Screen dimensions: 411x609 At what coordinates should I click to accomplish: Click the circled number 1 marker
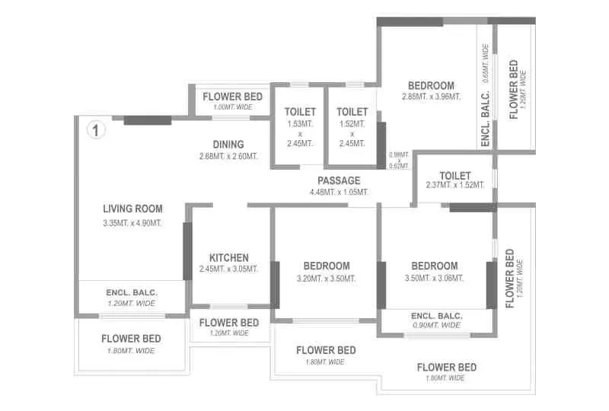[95, 130]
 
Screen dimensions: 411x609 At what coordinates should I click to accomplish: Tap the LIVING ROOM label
[132, 209]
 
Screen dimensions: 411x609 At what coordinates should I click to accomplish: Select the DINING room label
[228, 145]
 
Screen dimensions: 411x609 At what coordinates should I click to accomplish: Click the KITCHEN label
[228, 258]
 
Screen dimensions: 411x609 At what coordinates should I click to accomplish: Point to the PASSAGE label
[339, 180]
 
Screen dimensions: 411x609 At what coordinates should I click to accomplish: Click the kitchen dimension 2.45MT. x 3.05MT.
[228, 269]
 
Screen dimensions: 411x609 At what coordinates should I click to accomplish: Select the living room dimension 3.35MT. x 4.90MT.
[132, 223]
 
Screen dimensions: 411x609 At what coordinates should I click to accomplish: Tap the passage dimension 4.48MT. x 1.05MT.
[339, 192]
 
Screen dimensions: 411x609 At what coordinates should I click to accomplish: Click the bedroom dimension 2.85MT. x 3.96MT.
[431, 97]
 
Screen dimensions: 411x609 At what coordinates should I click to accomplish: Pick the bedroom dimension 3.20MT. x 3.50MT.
[326, 278]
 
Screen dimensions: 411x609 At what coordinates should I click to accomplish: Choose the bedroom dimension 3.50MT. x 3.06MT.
[435, 278]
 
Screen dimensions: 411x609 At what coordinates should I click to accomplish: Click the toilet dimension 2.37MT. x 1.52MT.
[454, 185]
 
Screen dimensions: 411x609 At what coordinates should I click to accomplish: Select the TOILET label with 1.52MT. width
[352, 112]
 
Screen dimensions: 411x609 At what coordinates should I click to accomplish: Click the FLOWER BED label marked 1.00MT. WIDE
[232, 97]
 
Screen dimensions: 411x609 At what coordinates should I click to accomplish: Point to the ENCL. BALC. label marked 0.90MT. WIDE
[436, 315]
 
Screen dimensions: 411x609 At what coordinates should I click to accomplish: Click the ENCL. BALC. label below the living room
[132, 292]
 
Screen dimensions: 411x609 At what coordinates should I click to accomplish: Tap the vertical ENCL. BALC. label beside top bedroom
[485, 118]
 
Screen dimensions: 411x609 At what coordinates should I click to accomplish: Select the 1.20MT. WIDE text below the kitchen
[228, 333]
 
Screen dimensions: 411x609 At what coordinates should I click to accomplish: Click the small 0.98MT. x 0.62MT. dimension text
[399, 160]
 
